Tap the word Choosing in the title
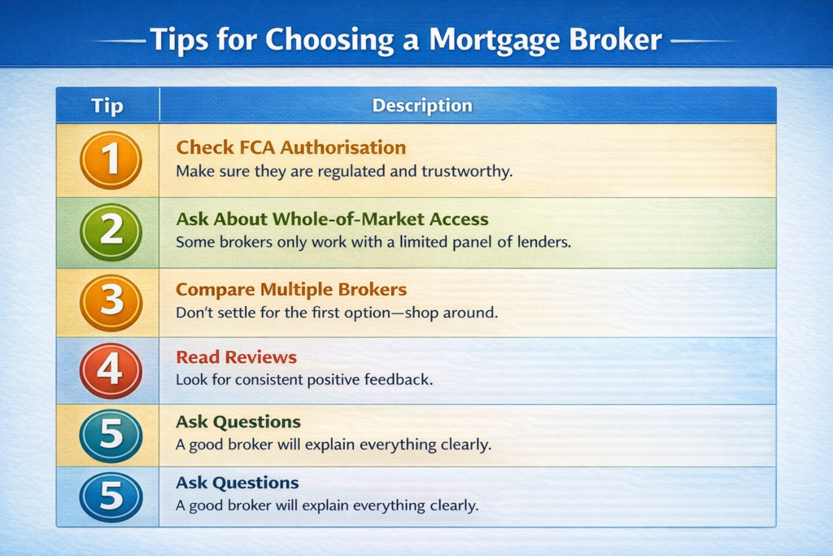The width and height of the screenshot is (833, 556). pos(329,41)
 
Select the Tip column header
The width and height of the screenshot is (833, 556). pos(107,105)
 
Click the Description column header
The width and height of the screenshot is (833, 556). pos(422,105)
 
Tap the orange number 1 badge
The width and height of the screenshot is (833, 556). pos(111,160)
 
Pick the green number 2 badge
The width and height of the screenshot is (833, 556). pos(111,232)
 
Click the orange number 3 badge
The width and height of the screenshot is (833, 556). pos(111,303)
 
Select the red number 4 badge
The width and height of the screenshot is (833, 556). pos(111,370)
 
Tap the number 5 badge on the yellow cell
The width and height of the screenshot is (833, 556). pos(111,436)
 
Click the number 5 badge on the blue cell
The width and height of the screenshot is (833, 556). pos(111,497)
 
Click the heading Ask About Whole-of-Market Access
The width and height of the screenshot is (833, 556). pos(332,219)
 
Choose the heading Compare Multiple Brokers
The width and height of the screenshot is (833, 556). pos(291,289)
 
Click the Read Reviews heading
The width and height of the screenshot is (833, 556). pos(237,357)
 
